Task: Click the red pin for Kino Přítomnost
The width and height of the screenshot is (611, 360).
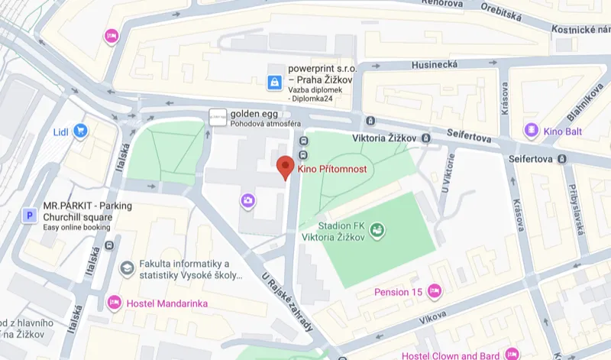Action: coord(286,166)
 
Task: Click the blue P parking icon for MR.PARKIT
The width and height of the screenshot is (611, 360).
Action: coord(30,216)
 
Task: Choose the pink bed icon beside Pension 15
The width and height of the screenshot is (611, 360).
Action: coord(435,291)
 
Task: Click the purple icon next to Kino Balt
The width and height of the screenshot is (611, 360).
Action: coord(530,131)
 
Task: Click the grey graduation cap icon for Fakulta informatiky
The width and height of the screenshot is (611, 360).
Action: coord(126,268)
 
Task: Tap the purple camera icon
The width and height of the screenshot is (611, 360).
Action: coord(248,201)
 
